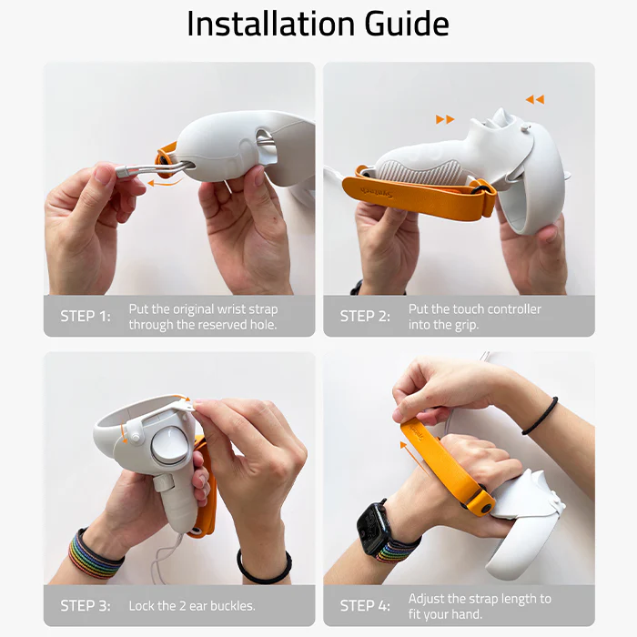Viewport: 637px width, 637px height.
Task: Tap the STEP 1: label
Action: tap(86, 317)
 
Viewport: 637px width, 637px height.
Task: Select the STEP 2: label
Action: tap(365, 317)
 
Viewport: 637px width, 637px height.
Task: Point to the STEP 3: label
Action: tap(86, 605)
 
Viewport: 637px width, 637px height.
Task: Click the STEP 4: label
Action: tap(365, 605)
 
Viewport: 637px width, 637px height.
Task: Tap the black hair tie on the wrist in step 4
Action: tap(541, 416)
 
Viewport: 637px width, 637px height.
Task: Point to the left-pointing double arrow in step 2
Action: tap(535, 99)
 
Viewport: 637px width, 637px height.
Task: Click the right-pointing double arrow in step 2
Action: tap(445, 119)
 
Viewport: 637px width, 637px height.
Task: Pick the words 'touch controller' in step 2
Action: tap(496, 309)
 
